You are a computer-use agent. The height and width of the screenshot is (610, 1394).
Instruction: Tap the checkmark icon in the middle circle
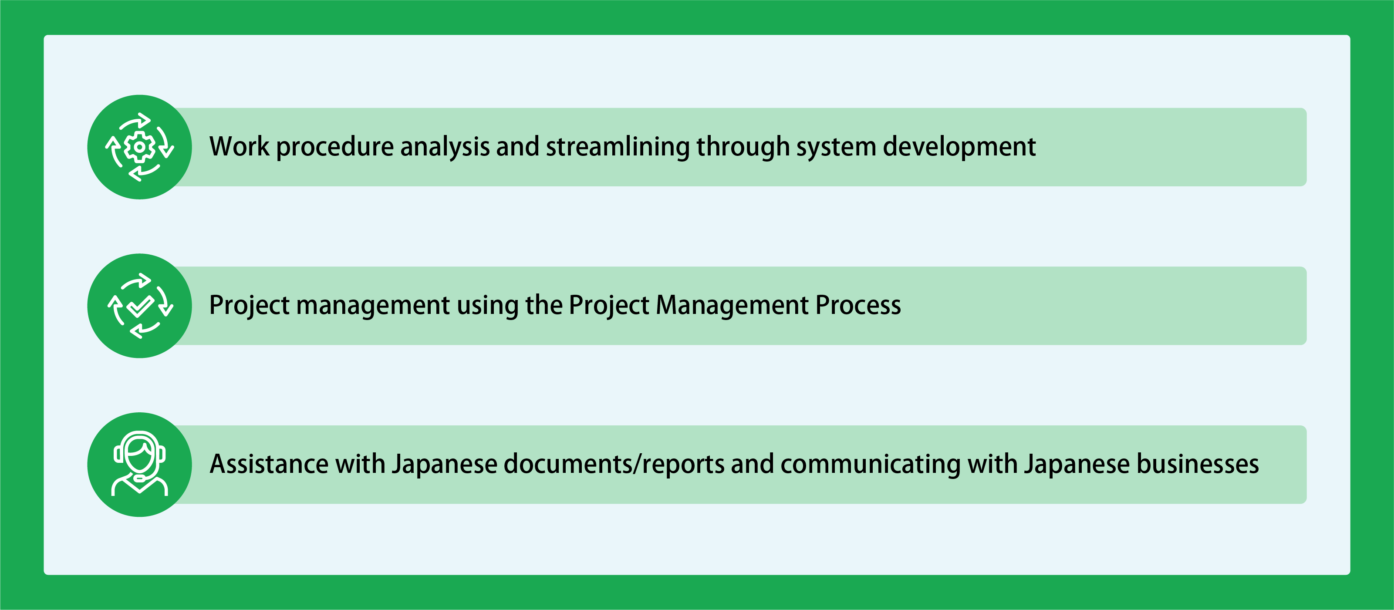(x=140, y=306)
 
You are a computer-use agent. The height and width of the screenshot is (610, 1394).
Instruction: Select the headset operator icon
(x=140, y=464)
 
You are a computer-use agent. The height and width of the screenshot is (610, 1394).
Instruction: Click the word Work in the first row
(x=239, y=147)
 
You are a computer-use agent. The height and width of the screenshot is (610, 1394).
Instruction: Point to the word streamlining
(x=618, y=147)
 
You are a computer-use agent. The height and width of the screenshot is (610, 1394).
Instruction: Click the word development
(x=959, y=147)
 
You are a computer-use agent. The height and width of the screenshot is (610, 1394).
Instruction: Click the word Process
(x=858, y=305)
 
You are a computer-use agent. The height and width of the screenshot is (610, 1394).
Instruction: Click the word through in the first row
(x=743, y=147)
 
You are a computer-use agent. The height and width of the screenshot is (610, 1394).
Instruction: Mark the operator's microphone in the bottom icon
(x=140, y=478)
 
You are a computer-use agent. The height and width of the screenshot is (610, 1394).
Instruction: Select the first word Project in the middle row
(x=250, y=306)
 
